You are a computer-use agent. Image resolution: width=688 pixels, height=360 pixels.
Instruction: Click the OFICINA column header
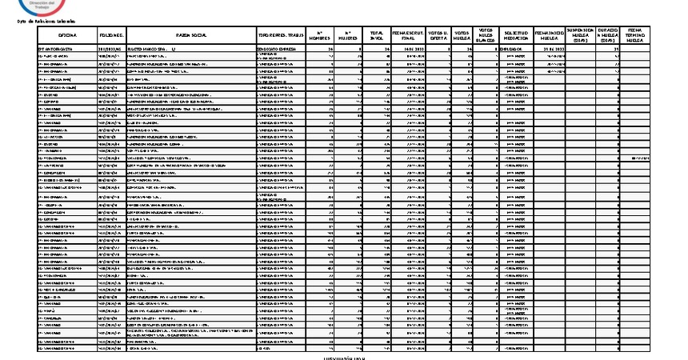66,36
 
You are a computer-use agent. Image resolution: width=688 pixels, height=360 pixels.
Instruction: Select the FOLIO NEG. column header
111,36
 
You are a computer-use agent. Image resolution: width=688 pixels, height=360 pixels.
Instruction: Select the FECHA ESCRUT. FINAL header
408,36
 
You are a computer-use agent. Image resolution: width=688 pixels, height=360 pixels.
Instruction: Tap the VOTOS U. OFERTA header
438,36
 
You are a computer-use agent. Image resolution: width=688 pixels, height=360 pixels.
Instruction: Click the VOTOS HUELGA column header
462,36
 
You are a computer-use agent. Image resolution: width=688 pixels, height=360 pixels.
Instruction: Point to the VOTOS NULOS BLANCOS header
487,36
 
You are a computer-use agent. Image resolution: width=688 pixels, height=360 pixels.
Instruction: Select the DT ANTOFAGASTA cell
55,49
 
